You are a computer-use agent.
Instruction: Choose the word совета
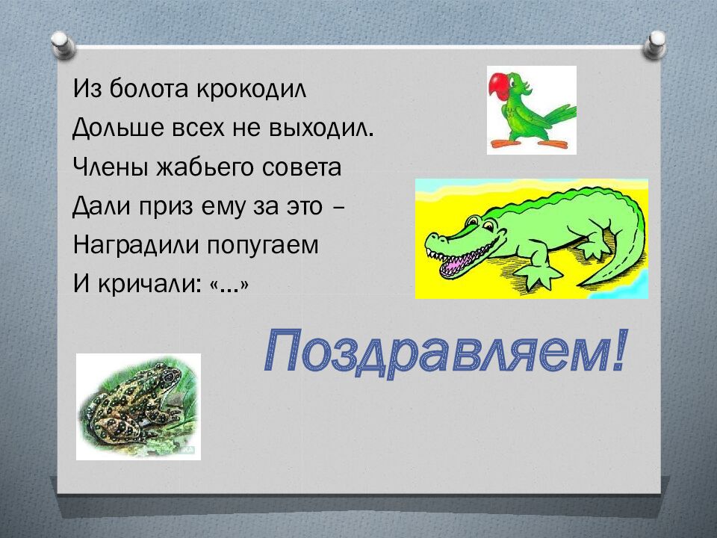pyautogui.click(x=302, y=167)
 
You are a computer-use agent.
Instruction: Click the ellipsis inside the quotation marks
pyautogui.click(x=228, y=288)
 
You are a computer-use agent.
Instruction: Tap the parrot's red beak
pyautogui.click(x=497, y=83)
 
